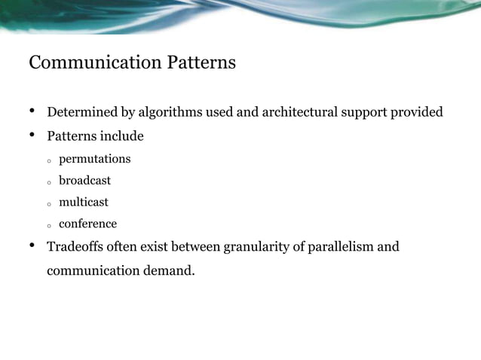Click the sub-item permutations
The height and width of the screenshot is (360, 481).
pyautogui.click(x=94, y=160)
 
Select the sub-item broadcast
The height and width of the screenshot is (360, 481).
pyautogui.click(x=84, y=181)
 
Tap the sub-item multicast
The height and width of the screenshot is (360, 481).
pyautogui.click(x=84, y=203)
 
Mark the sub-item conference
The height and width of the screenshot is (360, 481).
pyautogui.click(x=87, y=224)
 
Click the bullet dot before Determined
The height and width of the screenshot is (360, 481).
pyautogui.click(x=32, y=112)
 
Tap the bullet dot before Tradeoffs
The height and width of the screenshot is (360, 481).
pyautogui.click(x=32, y=246)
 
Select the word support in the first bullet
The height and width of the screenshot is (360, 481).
pyautogui.click(x=365, y=113)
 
